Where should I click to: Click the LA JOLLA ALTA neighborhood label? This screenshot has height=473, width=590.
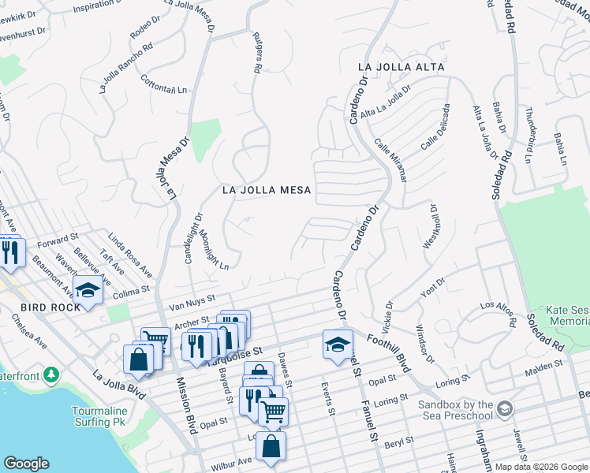coord(401,67)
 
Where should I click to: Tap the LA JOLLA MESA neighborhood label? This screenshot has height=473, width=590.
coord(267,190)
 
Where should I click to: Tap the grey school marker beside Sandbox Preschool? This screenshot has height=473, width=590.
coord(505,408)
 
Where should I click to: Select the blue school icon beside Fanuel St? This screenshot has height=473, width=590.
coord(338,345)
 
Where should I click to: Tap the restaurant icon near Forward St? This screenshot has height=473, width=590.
coord(10,251)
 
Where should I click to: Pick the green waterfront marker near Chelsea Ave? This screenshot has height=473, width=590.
coord(52,373)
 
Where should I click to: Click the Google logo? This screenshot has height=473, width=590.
coord(26,464)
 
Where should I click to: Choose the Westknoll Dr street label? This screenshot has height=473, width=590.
coord(431,227)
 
